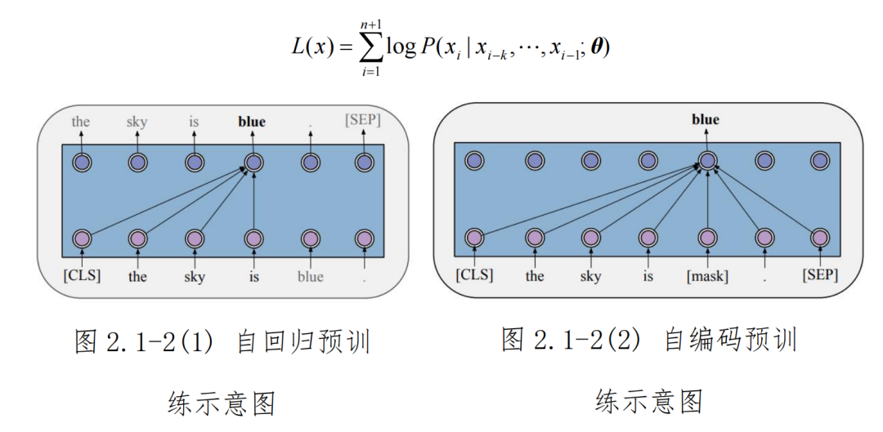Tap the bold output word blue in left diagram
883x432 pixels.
(252, 122)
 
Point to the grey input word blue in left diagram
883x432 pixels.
(310, 276)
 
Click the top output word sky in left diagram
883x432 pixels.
(137, 122)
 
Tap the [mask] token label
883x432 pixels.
(707, 276)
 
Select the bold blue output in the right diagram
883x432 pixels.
(706, 120)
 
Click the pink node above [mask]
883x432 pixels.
(707, 238)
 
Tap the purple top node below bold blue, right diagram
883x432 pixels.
(707, 161)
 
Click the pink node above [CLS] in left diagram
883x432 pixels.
(82, 239)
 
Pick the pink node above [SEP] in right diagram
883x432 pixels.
(819, 238)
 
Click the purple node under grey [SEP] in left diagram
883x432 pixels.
(364, 163)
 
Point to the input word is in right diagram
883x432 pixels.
(648, 276)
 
